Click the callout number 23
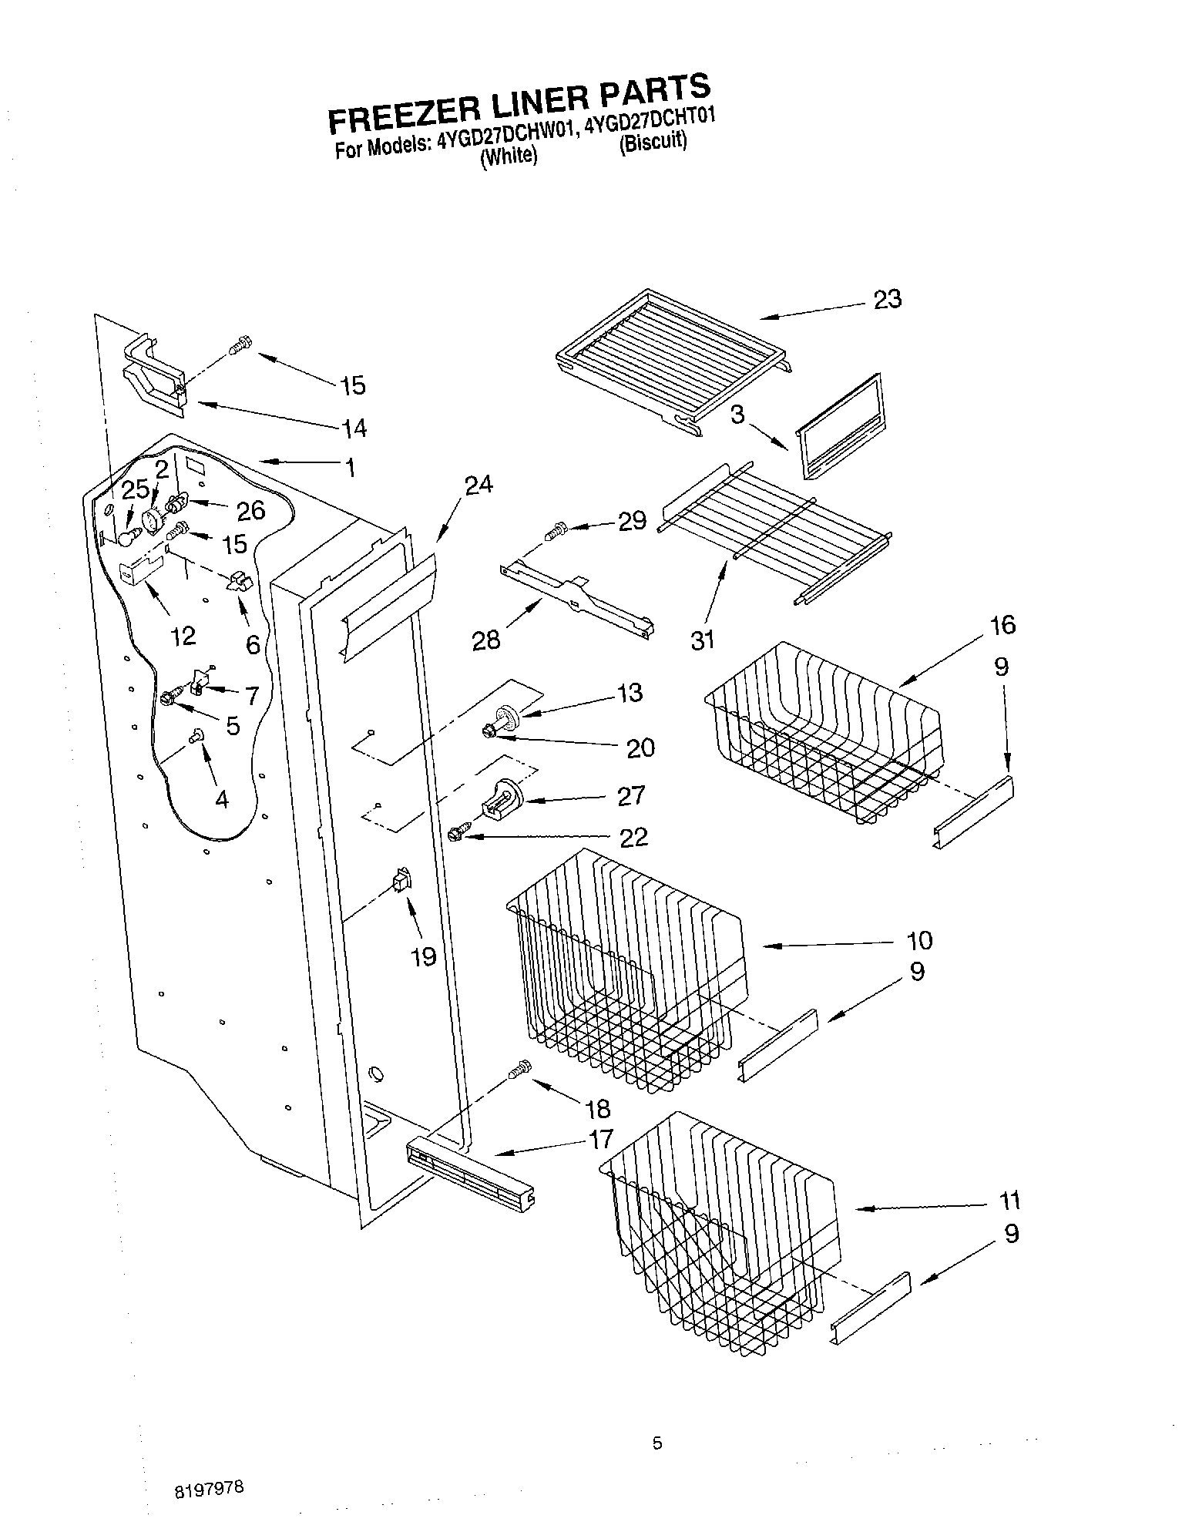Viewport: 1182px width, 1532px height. click(x=887, y=299)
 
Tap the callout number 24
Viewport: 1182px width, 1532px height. click(x=479, y=485)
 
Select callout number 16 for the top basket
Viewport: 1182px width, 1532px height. click(x=1002, y=624)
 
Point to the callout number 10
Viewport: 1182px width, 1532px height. click(x=919, y=940)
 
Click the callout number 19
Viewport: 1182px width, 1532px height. click(x=424, y=956)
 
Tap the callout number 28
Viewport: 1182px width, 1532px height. click(x=486, y=639)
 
